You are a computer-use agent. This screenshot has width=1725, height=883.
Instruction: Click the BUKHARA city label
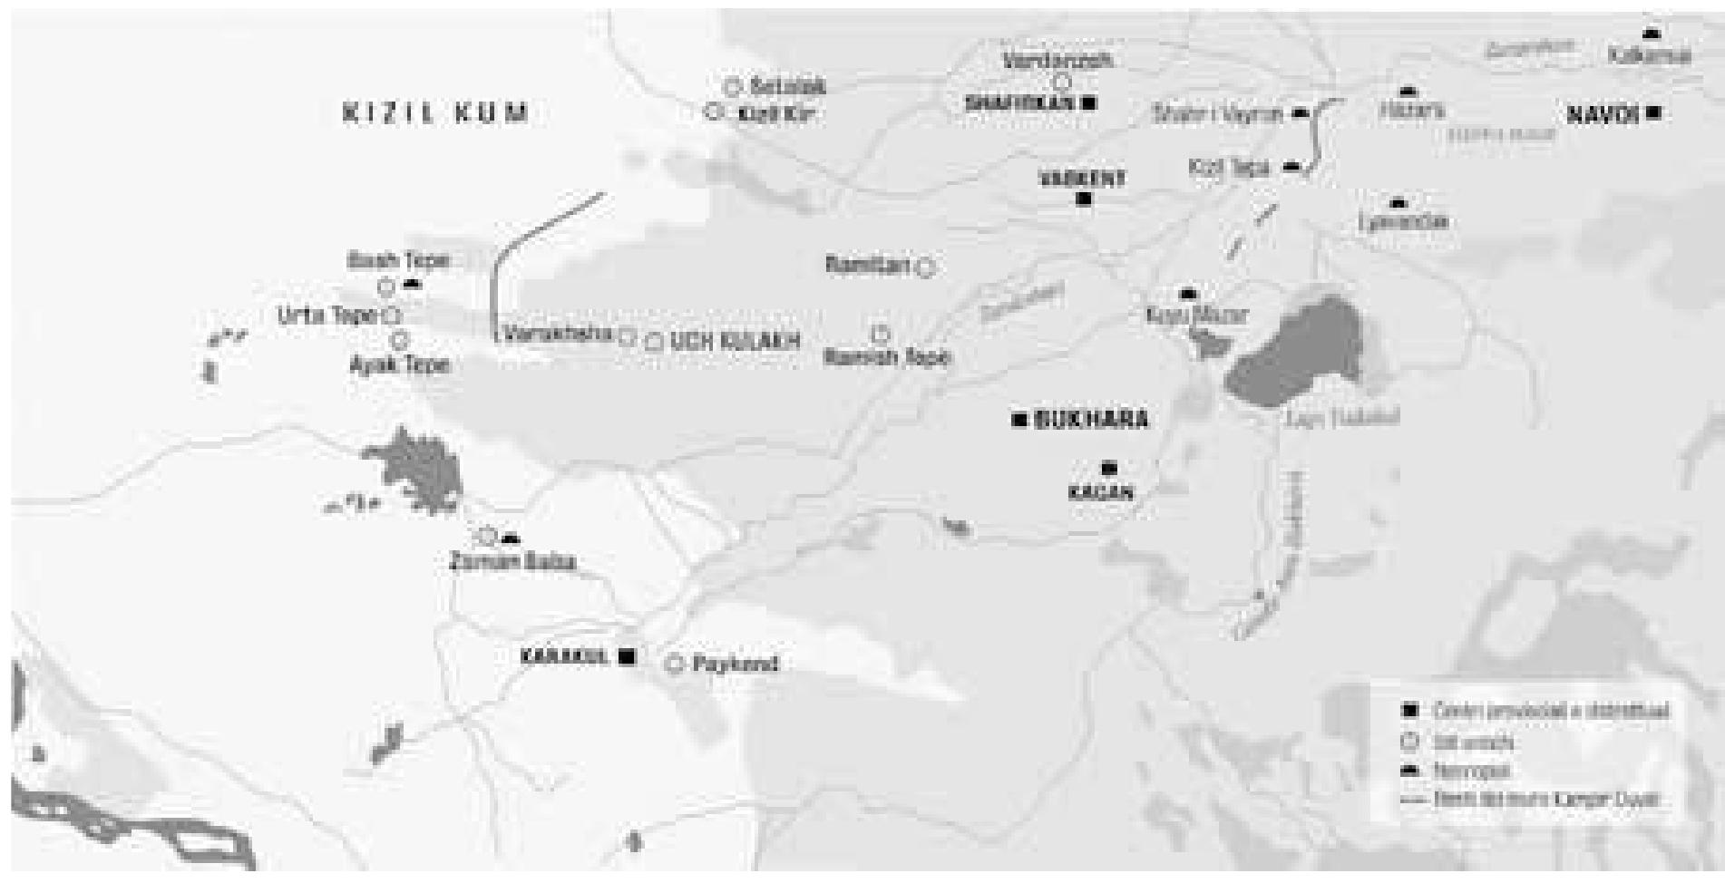1091,420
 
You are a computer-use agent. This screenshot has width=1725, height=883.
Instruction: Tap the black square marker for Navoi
1653,113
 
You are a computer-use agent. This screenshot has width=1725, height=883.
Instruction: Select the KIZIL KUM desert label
435,114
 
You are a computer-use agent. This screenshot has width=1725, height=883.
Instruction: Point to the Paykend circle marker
674,665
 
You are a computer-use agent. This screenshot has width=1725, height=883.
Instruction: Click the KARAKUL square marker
626,656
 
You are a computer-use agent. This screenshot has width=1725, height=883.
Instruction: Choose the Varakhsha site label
559,334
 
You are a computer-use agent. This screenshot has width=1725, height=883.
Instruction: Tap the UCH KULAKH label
736,342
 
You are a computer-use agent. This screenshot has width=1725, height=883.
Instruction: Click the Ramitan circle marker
926,267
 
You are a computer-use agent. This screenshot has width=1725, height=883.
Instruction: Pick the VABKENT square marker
1083,199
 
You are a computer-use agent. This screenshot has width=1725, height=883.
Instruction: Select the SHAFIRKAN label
1018,103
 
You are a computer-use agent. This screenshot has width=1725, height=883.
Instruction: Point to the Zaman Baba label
512,562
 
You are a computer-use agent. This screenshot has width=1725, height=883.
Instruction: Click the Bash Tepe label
398,261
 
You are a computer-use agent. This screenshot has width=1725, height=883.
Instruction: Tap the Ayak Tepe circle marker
400,341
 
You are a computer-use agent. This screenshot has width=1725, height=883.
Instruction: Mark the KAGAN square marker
1108,469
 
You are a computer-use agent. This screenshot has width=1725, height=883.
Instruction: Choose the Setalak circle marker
734,87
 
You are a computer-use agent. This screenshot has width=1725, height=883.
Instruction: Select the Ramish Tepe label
886,357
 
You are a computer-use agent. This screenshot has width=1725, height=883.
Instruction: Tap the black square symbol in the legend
1409,710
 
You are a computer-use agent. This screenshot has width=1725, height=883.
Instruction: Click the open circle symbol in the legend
1409,741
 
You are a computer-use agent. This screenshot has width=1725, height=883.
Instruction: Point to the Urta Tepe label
326,315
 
